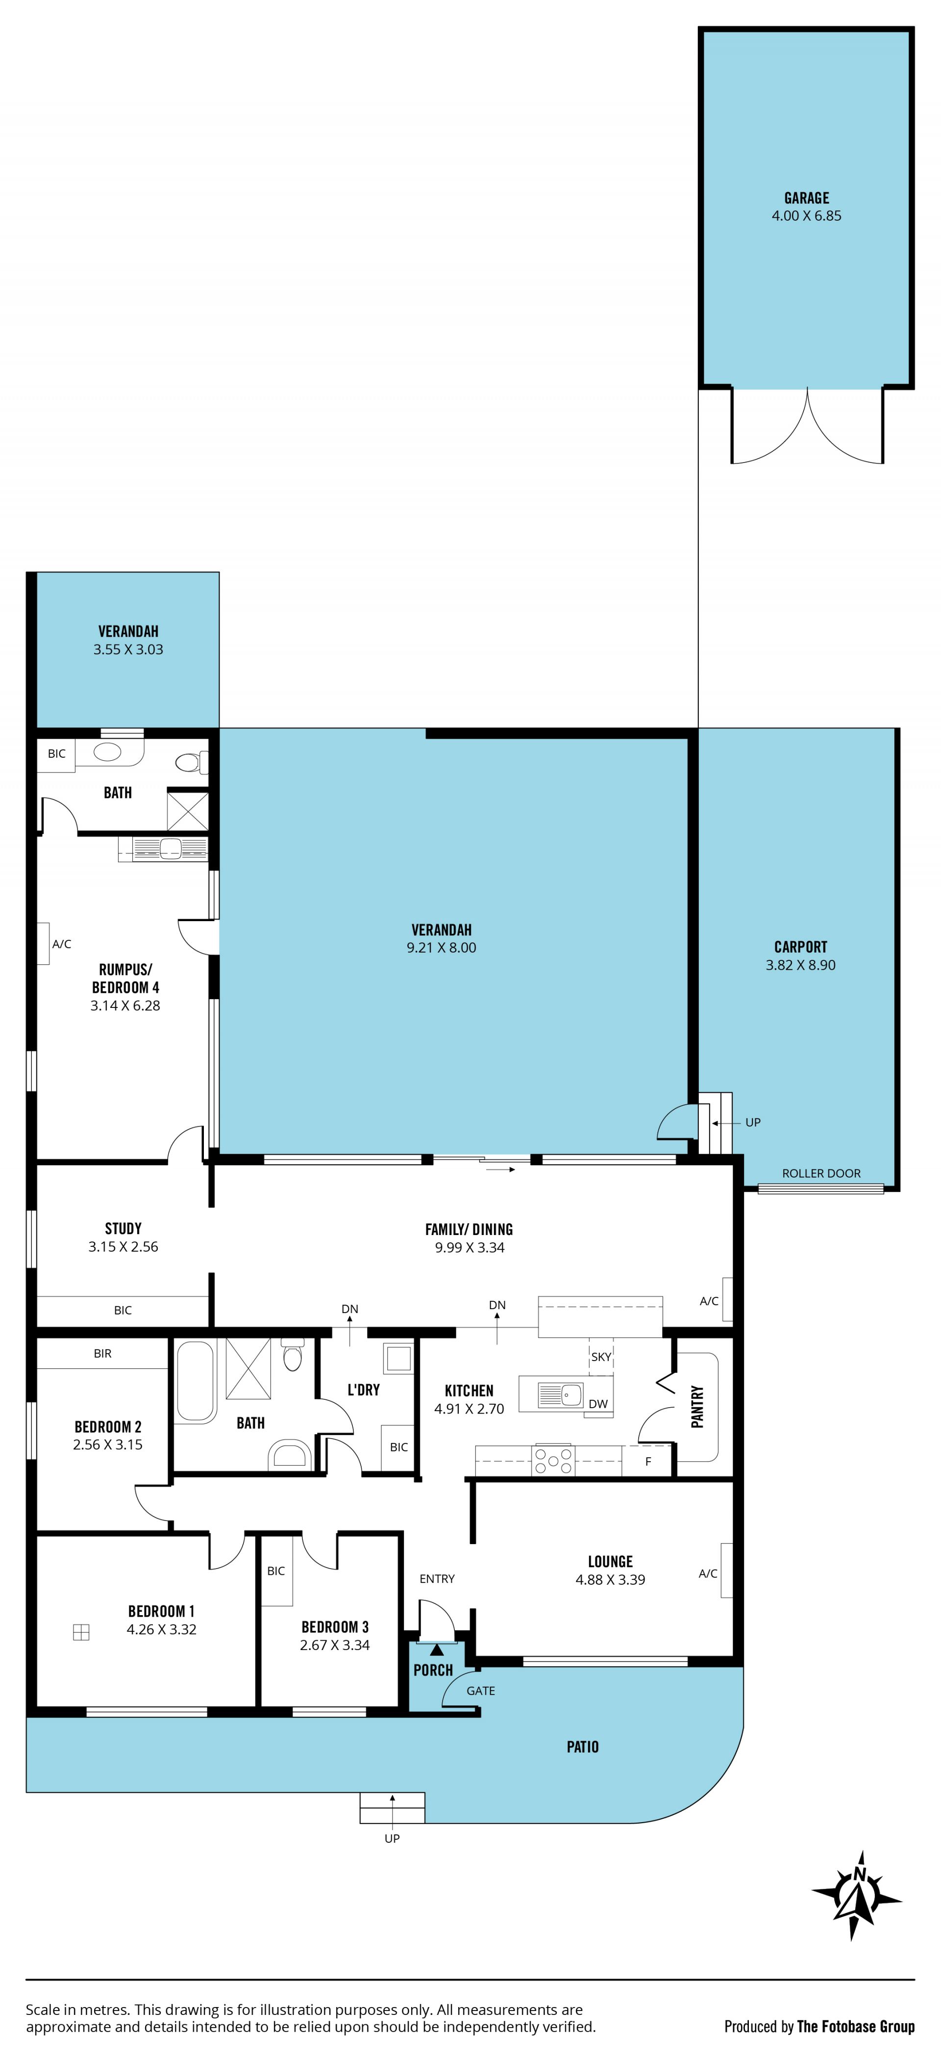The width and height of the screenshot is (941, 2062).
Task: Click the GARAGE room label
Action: click(807, 198)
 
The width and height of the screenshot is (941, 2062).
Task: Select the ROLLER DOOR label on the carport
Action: click(821, 1173)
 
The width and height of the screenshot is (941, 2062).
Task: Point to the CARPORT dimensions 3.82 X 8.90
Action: click(800, 965)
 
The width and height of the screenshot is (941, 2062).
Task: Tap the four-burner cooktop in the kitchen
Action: click(553, 1461)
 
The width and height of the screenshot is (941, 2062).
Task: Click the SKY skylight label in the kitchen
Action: click(601, 1356)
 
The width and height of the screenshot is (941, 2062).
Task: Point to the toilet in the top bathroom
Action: click(190, 762)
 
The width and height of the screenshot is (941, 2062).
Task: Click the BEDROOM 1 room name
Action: click(162, 1611)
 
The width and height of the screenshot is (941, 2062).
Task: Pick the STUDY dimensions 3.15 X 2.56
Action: click(123, 1246)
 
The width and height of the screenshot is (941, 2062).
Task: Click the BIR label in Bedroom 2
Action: click(102, 1353)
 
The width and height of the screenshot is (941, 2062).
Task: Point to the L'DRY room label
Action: click(363, 1390)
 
